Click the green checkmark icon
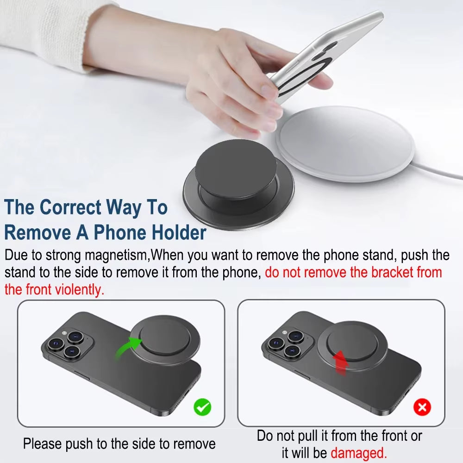202,407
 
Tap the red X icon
422,407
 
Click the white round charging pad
344,144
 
